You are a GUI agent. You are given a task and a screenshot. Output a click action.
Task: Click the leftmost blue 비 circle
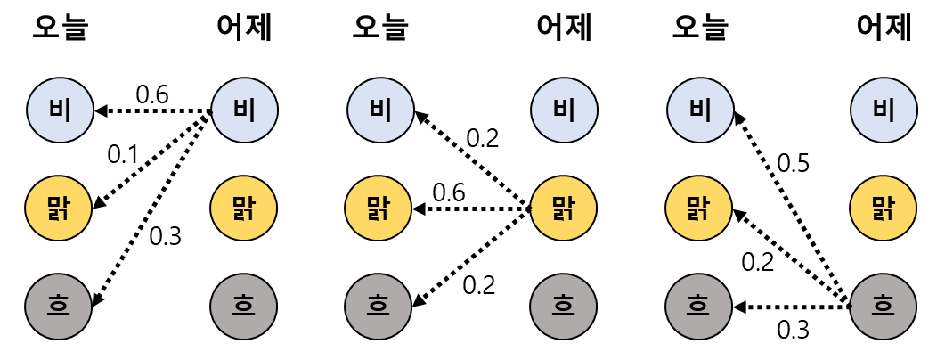[60, 110]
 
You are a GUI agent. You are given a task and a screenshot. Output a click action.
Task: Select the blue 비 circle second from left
[244, 110]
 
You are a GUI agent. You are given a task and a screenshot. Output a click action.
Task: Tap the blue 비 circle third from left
[380, 110]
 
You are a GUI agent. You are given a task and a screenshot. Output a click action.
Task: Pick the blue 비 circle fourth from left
[564, 110]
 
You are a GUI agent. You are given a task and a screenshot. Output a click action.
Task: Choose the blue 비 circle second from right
[700, 110]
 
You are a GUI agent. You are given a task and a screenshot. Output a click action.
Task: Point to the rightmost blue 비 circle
[884, 110]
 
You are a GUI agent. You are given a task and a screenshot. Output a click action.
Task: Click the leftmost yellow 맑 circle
[59, 209]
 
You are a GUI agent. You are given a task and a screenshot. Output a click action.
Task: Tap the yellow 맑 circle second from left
[243, 209]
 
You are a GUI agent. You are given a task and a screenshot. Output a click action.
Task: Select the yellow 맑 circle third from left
[378, 209]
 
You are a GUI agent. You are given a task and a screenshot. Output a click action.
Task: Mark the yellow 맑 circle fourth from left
[563, 209]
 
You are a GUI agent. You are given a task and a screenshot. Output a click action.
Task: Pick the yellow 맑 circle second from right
[698, 209]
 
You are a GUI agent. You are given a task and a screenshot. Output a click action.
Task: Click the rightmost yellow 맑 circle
[883, 209]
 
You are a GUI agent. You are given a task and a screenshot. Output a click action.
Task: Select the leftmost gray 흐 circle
[59, 307]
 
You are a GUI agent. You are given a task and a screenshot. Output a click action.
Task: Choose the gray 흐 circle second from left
[243, 307]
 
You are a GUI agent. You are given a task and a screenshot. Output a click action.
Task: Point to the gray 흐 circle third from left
[378, 307]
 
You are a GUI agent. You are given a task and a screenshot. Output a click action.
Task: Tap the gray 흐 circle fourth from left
[563, 307]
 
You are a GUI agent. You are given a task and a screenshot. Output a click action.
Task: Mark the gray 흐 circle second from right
[698, 307]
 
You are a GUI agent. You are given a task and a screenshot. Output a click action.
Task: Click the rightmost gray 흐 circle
[883, 307]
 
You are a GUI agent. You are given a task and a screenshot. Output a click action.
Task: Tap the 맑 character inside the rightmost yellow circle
[883, 209]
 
